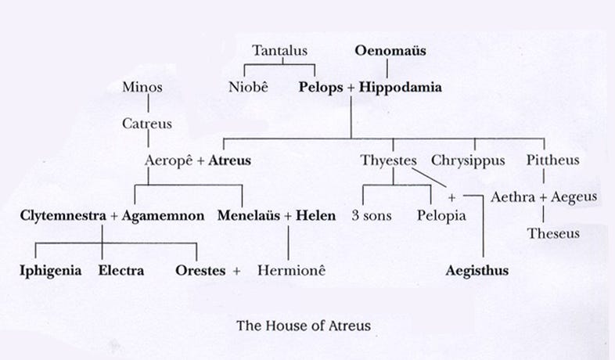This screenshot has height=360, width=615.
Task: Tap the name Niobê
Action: coord(247,88)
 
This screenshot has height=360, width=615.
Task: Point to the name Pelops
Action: coord(321,88)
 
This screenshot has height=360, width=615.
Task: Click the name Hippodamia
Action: coord(400,88)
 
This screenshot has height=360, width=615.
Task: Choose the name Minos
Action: coord(142,88)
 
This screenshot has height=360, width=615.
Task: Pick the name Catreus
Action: coord(147,124)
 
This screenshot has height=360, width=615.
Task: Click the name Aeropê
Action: coord(168,160)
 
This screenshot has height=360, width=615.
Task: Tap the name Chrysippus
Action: coord(468,160)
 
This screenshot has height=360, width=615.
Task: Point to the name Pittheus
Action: coord(552,160)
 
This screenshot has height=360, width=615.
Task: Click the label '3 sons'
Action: coord(372,214)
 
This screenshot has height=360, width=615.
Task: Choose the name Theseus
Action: coord(554,233)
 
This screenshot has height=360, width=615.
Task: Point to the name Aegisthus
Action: coord(477,271)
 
